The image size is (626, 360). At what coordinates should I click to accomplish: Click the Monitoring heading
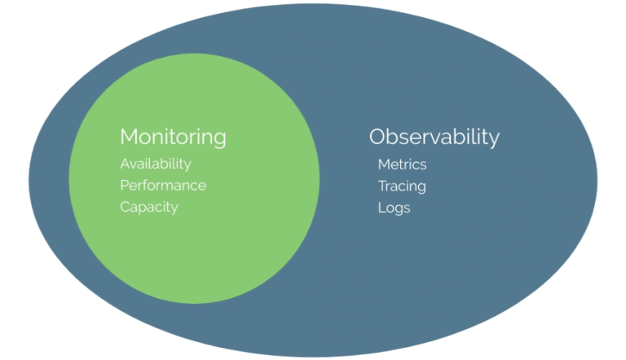pyautogui.click(x=173, y=137)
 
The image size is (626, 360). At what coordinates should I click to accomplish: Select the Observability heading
pyautogui.click(x=434, y=137)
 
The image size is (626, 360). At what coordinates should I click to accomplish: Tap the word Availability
pyautogui.click(x=156, y=164)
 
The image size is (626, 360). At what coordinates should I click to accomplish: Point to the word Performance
pyautogui.click(x=163, y=186)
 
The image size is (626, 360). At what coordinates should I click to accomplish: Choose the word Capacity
pyautogui.click(x=148, y=207)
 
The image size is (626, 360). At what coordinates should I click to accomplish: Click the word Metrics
pyautogui.click(x=402, y=165)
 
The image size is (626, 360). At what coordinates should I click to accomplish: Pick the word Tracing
pyautogui.click(x=402, y=187)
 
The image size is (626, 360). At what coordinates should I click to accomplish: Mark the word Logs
pyautogui.click(x=394, y=208)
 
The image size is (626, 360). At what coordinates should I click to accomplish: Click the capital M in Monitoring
pyautogui.click(x=130, y=136)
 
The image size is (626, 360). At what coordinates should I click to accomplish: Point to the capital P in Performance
pyautogui.click(x=125, y=186)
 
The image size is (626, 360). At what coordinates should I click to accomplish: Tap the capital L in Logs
pyautogui.click(x=381, y=208)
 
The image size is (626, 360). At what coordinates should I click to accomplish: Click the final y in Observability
pyautogui.click(x=494, y=139)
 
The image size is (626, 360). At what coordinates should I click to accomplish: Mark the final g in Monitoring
pyautogui.click(x=220, y=139)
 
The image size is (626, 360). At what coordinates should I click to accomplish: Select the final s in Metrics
pyautogui.click(x=423, y=165)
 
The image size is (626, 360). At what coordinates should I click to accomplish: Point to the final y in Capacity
pyautogui.click(x=174, y=209)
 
